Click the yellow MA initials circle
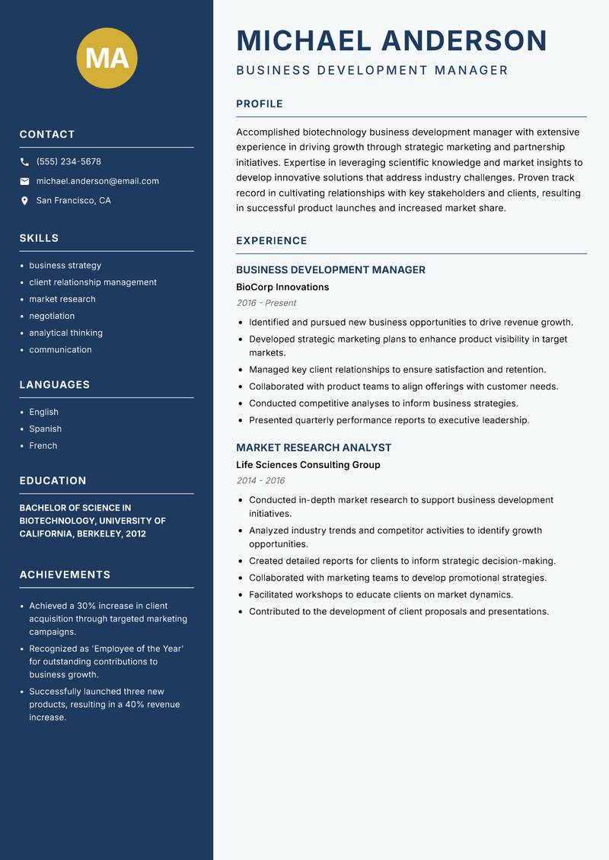[x=107, y=58]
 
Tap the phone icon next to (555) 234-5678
[x=24, y=162]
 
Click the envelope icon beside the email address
[x=24, y=181]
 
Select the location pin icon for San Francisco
[x=24, y=201]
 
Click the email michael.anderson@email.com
[x=97, y=181]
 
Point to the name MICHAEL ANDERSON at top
[x=391, y=40]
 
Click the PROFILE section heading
[x=259, y=104]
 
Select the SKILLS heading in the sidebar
[x=39, y=238]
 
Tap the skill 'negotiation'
[x=52, y=316]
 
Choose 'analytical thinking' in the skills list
[x=65, y=333]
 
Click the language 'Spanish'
[x=45, y=428]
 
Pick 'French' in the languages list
[x=43, y=445]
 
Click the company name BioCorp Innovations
[x=282, y=287]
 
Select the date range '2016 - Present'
[x=266, y=303]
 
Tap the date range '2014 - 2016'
[x=260, y=481]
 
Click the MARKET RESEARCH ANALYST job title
[x=314, y=448]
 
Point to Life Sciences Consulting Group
[x=308, y=465]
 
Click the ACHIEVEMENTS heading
[x=65, y=575]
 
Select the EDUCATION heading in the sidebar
[x=53, y=481]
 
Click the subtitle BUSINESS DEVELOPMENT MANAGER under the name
[x=371, y=70]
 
